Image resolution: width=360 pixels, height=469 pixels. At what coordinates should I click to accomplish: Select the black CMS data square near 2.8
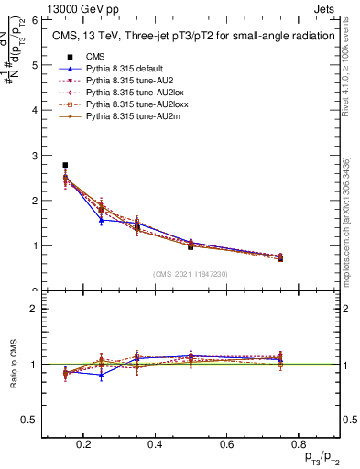pos(65,165)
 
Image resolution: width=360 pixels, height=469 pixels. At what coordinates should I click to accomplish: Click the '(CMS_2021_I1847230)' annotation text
pos(190,274)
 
